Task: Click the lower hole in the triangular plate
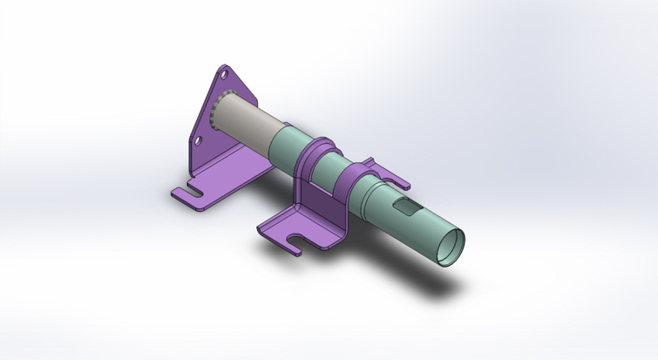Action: [199, 139]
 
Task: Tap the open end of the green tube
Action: [451, 248]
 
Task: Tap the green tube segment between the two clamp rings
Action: [332, 166]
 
